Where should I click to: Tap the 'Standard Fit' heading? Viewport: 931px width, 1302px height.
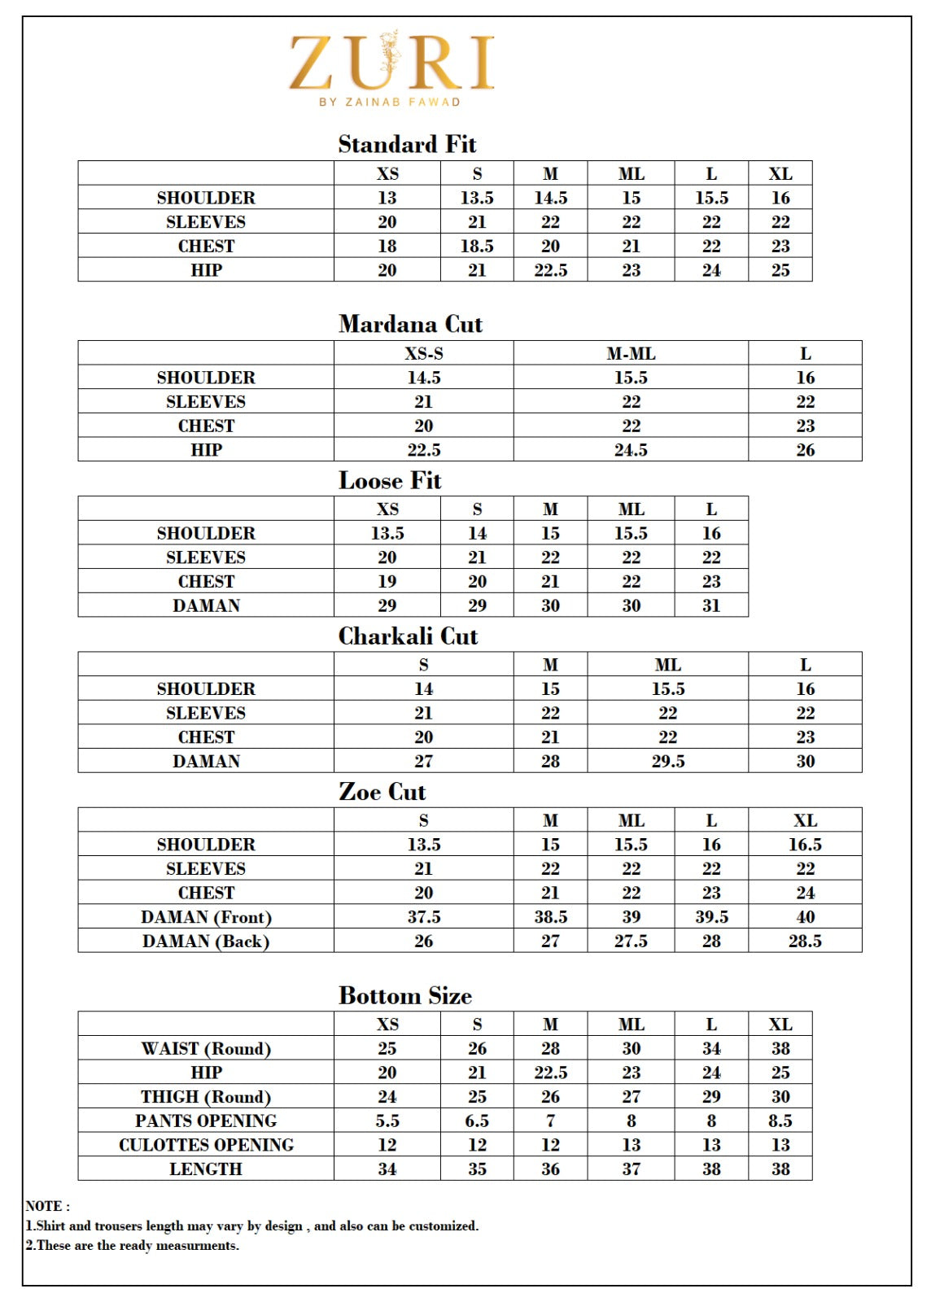pos(407,144)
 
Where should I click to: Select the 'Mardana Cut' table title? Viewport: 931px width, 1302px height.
pos(410,324)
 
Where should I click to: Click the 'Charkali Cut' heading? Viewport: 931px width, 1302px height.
pos(408,636)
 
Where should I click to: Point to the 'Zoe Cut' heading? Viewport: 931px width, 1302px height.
pos(382,792)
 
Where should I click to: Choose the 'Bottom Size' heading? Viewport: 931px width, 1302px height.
pos(404,995)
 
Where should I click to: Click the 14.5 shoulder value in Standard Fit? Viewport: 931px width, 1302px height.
pos(550,198)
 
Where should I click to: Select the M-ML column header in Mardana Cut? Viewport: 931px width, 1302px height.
pos(631,353)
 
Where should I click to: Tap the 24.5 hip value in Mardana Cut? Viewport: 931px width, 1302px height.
pos(631,450)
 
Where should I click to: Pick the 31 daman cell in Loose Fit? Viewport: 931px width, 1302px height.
pos(711,605)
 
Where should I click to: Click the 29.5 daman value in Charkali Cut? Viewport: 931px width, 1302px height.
pos(667,761)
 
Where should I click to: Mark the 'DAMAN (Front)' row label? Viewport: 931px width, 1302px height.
pos(206,917)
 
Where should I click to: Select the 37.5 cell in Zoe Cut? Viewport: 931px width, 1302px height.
pos(423,917)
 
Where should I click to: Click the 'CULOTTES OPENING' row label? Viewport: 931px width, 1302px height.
pos(206,1145)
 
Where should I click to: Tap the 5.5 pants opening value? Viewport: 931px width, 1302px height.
pos(387,1121)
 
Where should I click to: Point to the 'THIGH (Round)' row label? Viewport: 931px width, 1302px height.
pos(206,1096)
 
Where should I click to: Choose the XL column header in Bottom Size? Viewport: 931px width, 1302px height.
pos(780,1024)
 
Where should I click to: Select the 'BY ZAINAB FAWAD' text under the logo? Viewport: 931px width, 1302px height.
pos(390,103)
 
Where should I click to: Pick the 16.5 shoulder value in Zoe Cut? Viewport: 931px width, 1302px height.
pos(805,845)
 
